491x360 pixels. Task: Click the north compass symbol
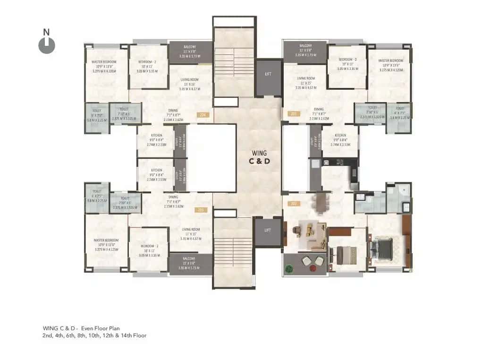tap(46, 44)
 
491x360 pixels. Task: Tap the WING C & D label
tap(259, 157)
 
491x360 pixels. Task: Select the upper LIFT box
tap(268, 74)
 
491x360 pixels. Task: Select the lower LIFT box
tap(268, 230)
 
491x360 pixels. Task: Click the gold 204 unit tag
tap(203, 114)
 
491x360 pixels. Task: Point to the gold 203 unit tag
tap(201, 209)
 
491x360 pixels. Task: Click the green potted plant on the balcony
tap(289, 268)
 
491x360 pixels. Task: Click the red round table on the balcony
tap(313, 268)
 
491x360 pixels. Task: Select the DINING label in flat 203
tap(173, 197)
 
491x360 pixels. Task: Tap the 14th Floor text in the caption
tap(134, 335)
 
